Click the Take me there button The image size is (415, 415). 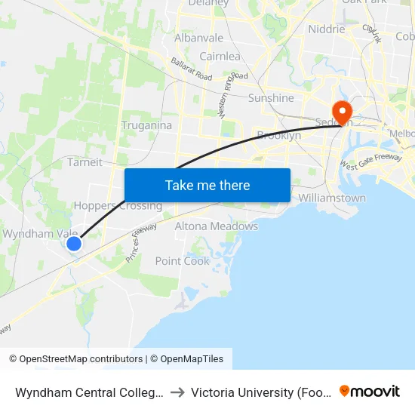coord(207,185)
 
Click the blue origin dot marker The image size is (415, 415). coord(74,244)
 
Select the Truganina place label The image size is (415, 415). coord(146,125)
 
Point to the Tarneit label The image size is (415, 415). coord(85,162)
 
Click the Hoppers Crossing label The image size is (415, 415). coord(118,205)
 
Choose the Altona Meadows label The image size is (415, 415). coord(217,226)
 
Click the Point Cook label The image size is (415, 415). coord(182,261)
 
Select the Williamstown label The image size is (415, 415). coord(332,198)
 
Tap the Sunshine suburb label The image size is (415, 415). coord(272,98)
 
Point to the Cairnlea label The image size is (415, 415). coord(220,57)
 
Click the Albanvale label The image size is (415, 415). coord(198,38)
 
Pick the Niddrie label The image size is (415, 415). coord(327,29)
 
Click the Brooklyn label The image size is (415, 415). coord(278,136)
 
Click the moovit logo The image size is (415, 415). coord(370,391)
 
